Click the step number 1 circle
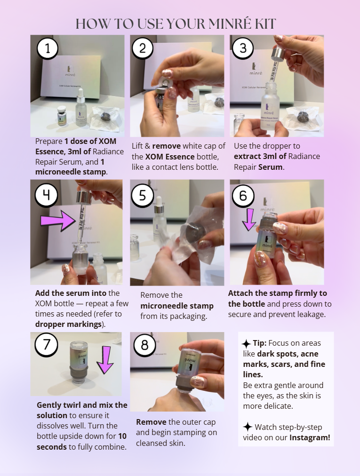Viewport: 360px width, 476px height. click(48, 48)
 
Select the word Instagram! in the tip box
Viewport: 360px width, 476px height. click(310, 437)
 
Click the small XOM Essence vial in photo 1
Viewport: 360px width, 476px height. click(61, 115)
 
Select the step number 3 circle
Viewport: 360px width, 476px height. click(243, 48)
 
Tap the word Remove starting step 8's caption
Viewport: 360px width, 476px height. click(150, 422)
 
